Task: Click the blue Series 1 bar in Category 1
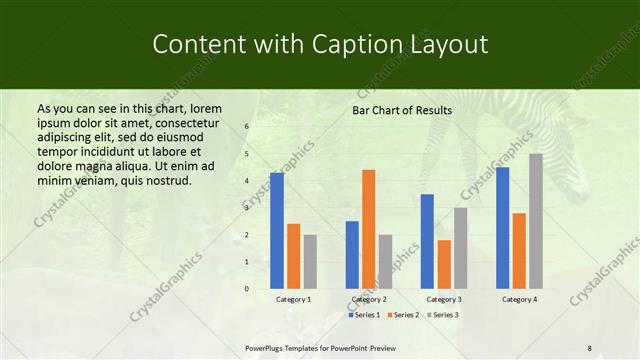(x=277, y=230)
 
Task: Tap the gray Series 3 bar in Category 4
(x=536, y=220)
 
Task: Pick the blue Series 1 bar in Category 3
(x=427, y=241)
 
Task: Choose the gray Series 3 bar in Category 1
(x=310, y=261)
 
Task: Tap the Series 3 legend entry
(x=444, y=314)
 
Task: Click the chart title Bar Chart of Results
(x=401, y=110)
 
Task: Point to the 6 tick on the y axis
(x=246, y=127)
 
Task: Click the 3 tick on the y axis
(x=246, y=208)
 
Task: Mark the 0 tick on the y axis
(x=246, y=289)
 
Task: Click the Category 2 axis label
(x=369, y=299)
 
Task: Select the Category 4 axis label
(x=519, y=299)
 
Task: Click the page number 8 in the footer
(x=590, y=348)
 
